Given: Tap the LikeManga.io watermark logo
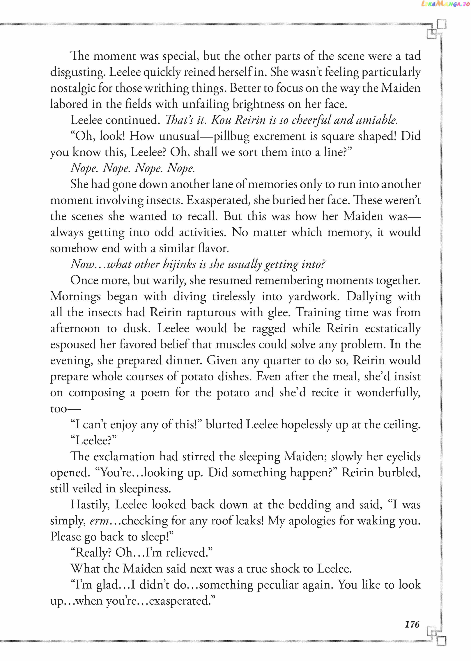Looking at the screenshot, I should point(445,4).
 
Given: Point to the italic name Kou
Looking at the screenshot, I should point(221,120).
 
